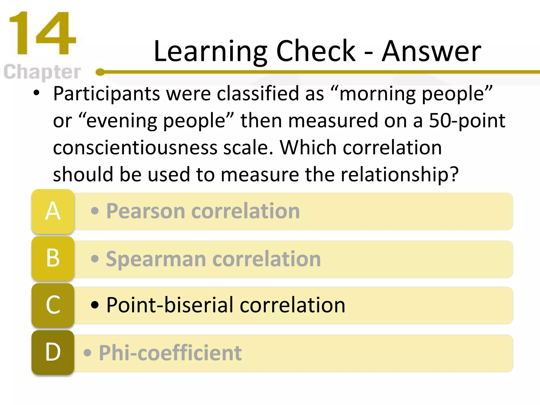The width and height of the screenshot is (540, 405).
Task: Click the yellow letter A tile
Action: click(x=53, y=211)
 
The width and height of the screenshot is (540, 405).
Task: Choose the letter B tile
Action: click(x=53, y=258)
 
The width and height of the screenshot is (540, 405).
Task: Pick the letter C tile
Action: click(x=53, y=305)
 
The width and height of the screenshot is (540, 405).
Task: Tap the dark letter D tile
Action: click(x=53, y=352)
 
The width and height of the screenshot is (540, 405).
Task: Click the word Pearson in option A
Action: click(x=145, y=211)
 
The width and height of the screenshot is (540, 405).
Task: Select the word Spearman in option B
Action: click(x=156, y=259)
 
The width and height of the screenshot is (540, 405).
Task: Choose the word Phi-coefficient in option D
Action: click(x=170, y=353)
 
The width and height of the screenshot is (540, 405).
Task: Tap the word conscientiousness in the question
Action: click(x=135, y=148)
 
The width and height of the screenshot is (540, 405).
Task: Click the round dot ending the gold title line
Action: click(x=100, y=72)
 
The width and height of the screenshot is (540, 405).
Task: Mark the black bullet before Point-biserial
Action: click(x=95, y=305)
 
